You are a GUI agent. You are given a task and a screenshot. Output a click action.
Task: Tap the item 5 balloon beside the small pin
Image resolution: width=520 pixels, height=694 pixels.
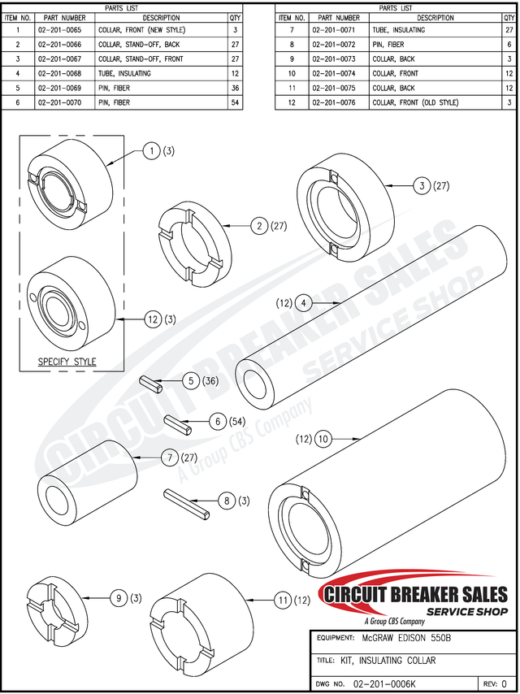[x=190, y=380]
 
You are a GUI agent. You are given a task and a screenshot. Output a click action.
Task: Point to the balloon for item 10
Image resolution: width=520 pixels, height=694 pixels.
[x=323, y=439]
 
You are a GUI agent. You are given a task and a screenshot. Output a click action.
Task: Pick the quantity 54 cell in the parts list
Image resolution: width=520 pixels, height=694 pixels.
[x=235, y=102]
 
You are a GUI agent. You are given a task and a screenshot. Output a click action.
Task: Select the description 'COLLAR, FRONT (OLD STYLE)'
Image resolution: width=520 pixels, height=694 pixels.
[x=415, y=102]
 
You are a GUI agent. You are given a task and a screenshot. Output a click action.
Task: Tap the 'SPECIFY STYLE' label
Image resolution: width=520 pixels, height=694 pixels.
[x=67, y=362]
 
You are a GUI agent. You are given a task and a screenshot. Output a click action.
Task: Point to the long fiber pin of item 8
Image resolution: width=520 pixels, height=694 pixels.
[x=188, y=502]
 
